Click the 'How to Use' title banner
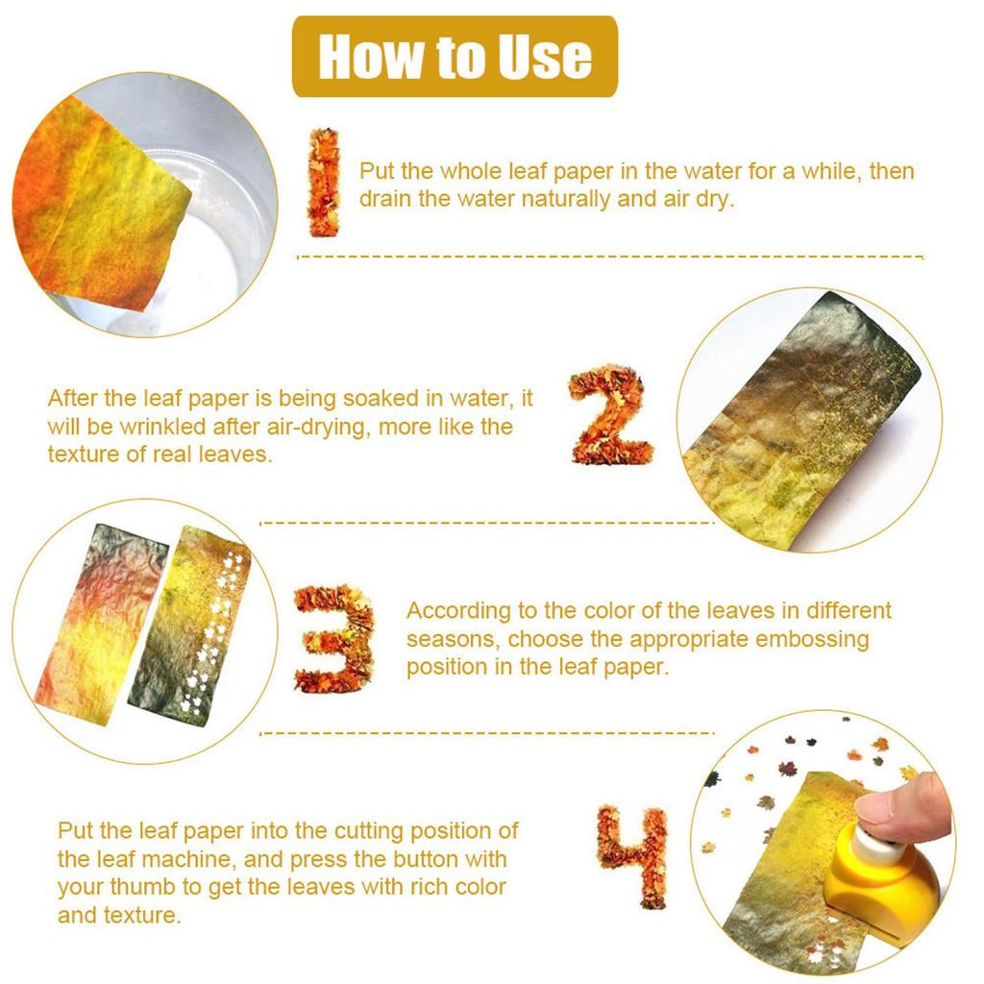click(455, 57)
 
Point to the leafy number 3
click(332, 638)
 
